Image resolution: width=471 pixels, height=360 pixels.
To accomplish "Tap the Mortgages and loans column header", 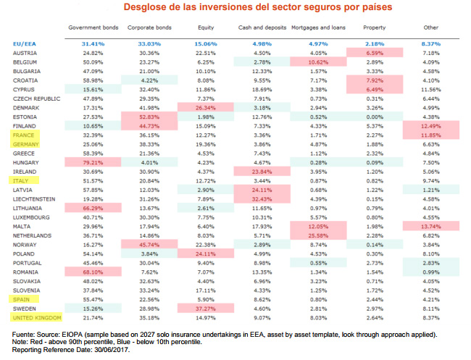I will (x=314, y=28).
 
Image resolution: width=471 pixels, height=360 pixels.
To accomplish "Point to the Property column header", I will (x=375, y=28).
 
